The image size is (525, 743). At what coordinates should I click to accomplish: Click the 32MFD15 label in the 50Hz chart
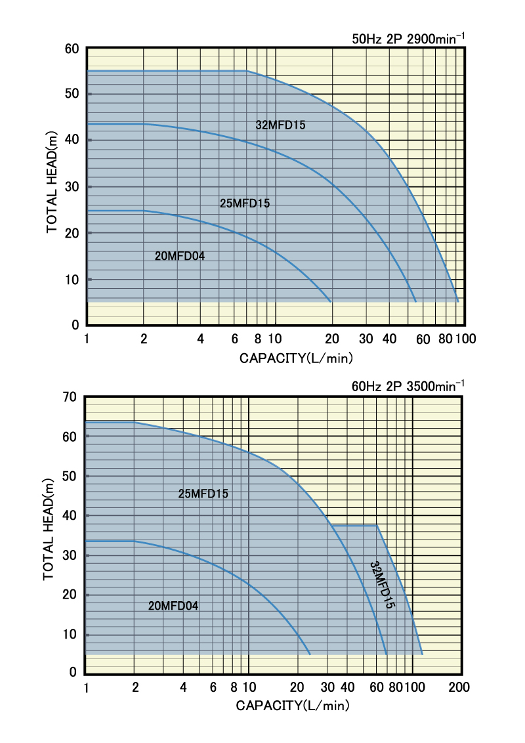(280, 125)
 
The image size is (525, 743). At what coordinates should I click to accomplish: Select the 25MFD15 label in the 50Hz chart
(245, 203)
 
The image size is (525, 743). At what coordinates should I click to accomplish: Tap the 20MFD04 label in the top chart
(180, 256)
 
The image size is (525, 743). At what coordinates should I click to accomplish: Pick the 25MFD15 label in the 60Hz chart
(203, 494)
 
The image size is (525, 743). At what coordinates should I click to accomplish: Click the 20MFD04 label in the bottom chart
(173, 606)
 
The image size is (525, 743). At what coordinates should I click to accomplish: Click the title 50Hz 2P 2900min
(408, 39)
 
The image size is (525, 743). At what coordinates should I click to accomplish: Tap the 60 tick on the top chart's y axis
(72, 49)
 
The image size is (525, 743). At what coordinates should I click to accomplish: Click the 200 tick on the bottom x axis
(459, 687)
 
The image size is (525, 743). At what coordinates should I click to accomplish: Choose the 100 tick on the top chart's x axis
(466, 339)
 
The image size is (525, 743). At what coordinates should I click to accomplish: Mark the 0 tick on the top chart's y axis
(75, 326)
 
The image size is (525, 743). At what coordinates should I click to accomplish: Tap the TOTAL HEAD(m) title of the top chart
(52, 184)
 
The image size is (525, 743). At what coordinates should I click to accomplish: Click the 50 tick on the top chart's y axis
(72, 94)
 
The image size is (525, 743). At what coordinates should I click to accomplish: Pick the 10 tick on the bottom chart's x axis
(249, 687)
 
